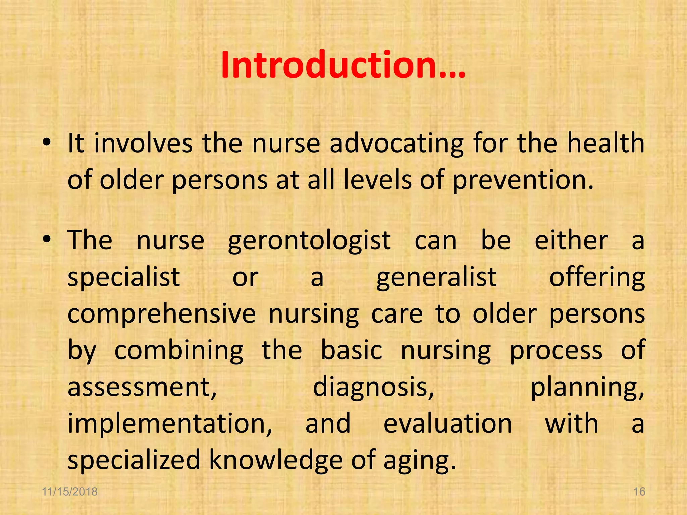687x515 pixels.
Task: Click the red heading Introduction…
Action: click(x=343, y=65)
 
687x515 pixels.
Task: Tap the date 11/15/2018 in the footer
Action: click(x=70, y=492)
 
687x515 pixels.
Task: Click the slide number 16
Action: click(x=639, y=492)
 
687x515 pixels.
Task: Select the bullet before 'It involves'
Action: click(x=47, y=143)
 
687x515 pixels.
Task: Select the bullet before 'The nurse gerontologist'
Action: click(x=47, y=240)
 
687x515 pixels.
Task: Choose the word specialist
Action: click(x=124, y=278)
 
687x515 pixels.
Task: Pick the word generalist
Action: click(x=436, y=278)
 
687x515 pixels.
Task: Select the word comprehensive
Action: click(x=162, y=315)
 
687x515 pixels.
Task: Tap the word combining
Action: click(x=179, y=351)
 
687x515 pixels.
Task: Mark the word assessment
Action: click(x=142, y=388)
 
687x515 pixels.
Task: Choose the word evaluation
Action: click(x=447, y=424)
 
